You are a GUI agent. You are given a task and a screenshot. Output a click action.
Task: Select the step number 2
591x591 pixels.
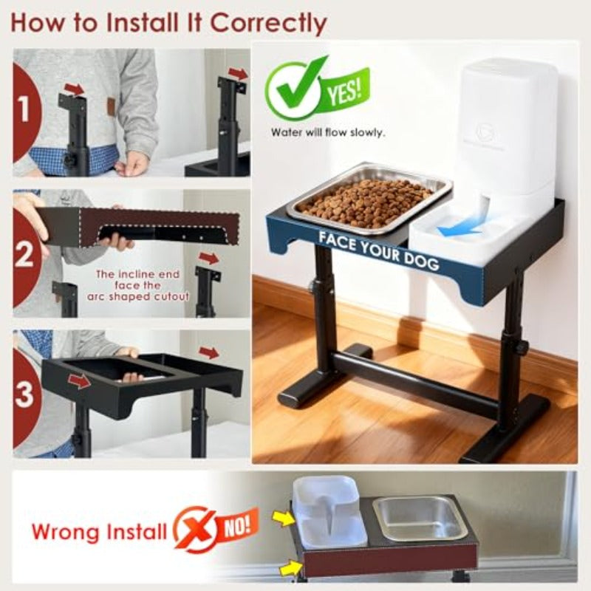pyautogui.click(x=24, y=255)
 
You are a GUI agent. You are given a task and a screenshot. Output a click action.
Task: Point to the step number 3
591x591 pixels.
pyautogui.click(x=24, y=393)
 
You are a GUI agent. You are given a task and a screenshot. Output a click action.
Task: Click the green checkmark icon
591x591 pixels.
pyautogui.click(x=290, y=90)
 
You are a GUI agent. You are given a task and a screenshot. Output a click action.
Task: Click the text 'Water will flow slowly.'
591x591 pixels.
pyautogui.click(x=327, y=134)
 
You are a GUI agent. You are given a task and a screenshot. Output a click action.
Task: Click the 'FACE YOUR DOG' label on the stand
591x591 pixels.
pyautogui.click(x=378, y=250)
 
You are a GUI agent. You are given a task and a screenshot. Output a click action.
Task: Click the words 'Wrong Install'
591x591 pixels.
pyautogui.click(x=100, y=530)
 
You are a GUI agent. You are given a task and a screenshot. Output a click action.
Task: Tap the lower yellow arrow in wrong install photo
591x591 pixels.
pyautogui.click(x=290, y=568)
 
